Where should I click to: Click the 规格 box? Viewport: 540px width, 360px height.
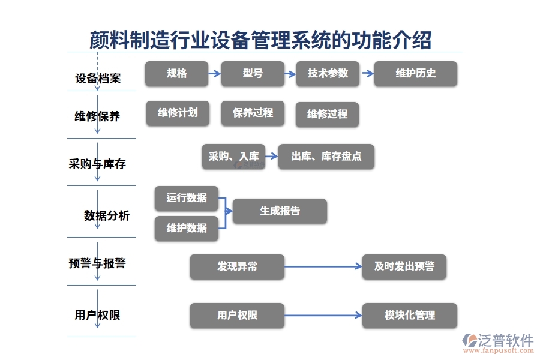pyautogui.click(x=176, y=74)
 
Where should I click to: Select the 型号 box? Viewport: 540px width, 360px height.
pyautogui.click(x=253, y=74)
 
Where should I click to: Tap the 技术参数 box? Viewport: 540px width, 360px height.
pyautogui.click(x=328, y=74)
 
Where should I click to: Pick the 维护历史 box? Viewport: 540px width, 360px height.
pyautogui.click(x=415, y=74)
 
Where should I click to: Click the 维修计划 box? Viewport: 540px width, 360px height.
pyautogui.click(x=178, y=112)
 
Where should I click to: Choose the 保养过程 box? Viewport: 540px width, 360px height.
pyautogui.click(x=253, y=112)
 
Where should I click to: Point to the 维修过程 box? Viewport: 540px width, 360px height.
pyautogui.click(x=327, y=114)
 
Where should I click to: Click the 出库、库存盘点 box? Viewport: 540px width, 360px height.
pyautogui.click(x=326, y=157)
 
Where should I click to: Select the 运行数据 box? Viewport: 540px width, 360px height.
pyautogui.click(x=187, y=198)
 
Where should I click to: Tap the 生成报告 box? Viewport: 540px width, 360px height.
pyautogui.click(x=280, y=211)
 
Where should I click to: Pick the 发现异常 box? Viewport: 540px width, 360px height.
pyautogui.click(x=237, y=266)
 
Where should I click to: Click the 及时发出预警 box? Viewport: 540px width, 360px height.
pyautogui.click(x=404, y=266)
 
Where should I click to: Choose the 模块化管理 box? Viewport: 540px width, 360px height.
pyautogui.click(x=409, y=316)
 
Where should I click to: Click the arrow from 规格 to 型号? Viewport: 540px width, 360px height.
pyautogui.click(x=215, y=74)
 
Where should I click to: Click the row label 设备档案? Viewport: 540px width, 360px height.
pyautogui.click(x=98, y=79)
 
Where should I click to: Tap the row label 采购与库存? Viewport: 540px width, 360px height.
pyautogui.click(x=98, y=164)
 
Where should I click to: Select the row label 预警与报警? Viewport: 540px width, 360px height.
pyautogui.click(x=98, y=263)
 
